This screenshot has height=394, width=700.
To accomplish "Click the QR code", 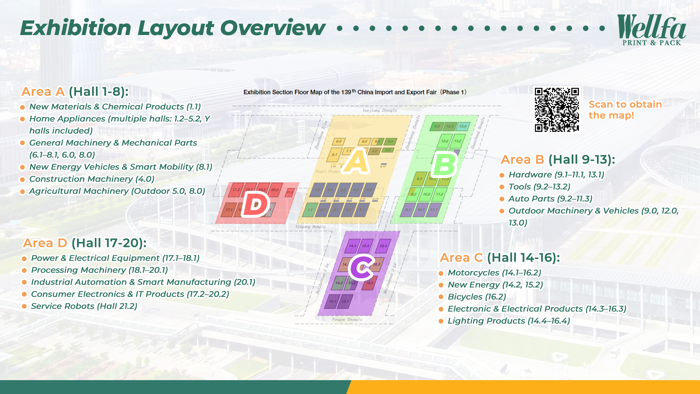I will [557, 109].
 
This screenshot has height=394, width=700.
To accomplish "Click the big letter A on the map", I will [357, 162].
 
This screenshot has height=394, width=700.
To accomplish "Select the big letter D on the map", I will [256, 204].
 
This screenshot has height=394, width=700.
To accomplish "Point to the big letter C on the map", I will [361, 267].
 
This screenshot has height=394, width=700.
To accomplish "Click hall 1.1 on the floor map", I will [310, 210].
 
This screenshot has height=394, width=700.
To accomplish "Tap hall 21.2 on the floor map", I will [290, 192].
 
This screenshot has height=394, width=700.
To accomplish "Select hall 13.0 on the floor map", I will [463, 126].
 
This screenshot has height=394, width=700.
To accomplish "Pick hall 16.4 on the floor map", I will [383, 246].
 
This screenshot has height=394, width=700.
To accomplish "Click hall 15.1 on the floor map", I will [345, 301].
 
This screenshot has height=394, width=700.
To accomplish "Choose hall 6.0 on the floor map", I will [339, 141].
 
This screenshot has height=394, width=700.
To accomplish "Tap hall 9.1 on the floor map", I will [408, 210].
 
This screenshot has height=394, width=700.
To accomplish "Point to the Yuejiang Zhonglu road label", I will [380, 110].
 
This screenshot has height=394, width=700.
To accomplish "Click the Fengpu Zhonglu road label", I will [347, 319].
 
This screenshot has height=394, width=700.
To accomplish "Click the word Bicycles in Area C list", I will [465, 297].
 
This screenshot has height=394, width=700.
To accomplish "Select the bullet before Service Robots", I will [24, 306].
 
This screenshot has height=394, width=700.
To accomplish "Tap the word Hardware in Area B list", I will [530, 175].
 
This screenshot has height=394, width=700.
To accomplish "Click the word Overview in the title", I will [272, 28].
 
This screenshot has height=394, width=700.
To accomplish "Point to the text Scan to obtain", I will [625, 104].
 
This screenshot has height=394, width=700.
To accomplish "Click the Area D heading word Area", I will [38, 243].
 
